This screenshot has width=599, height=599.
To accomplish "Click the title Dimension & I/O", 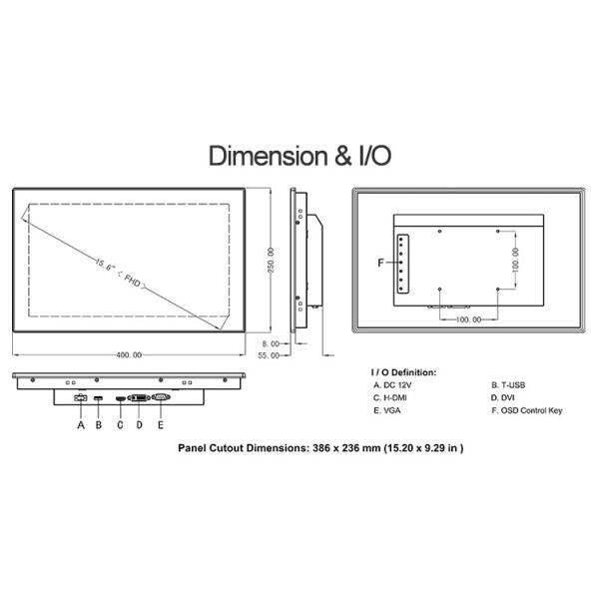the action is point(299,156).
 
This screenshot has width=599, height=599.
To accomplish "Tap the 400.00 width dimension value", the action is point(129,354).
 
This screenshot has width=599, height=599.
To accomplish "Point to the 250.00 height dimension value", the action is point(271,261).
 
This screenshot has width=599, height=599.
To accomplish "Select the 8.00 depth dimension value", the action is point(271,343).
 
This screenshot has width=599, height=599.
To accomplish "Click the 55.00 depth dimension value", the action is point(269,355).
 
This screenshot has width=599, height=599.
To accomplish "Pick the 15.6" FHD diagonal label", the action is point(120,274).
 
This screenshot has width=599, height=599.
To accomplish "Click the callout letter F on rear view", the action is point(380,263).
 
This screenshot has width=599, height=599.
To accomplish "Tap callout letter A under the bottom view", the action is point(81,425).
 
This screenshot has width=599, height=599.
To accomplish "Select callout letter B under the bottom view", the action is point(99,425).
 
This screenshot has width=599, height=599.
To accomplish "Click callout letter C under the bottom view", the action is point(120,425).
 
